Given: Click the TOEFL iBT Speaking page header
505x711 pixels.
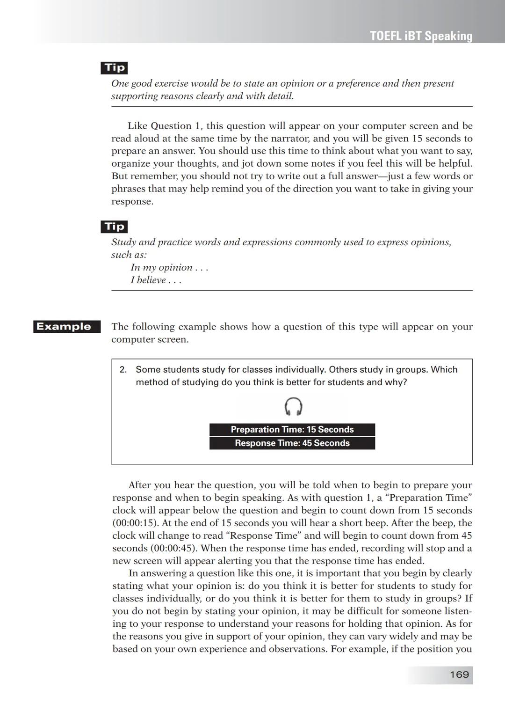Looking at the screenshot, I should click(421, 36).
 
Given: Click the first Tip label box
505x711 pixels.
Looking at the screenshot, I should click(115, 68).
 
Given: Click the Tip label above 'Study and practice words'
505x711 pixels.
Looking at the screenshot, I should click(115, 227).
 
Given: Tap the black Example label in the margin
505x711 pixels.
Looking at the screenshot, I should click(67, 327).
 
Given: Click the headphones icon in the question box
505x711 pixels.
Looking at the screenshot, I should click(293, 406).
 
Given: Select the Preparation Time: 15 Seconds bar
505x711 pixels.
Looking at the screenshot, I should click(292, 430).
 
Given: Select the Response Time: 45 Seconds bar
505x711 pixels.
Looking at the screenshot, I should click(292, 443).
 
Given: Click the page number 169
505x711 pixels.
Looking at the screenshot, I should click(459, 674).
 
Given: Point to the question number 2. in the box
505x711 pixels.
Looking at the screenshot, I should click(123, 370).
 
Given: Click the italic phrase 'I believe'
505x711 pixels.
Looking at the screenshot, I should click(148, 280).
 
